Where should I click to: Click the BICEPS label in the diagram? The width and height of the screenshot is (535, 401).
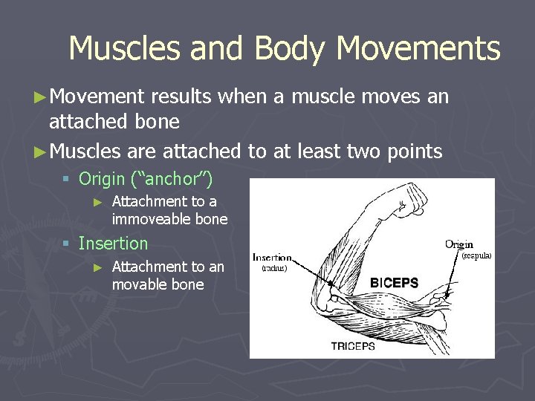[x=394, y=283]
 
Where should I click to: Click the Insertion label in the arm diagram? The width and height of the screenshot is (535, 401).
[x=272, y=258]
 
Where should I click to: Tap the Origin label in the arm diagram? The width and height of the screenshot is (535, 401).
[x=458, y=244]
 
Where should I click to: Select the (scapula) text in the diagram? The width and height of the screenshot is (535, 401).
[x=476, y=256]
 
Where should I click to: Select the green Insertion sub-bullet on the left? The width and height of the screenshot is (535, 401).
[x=113, y=243]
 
